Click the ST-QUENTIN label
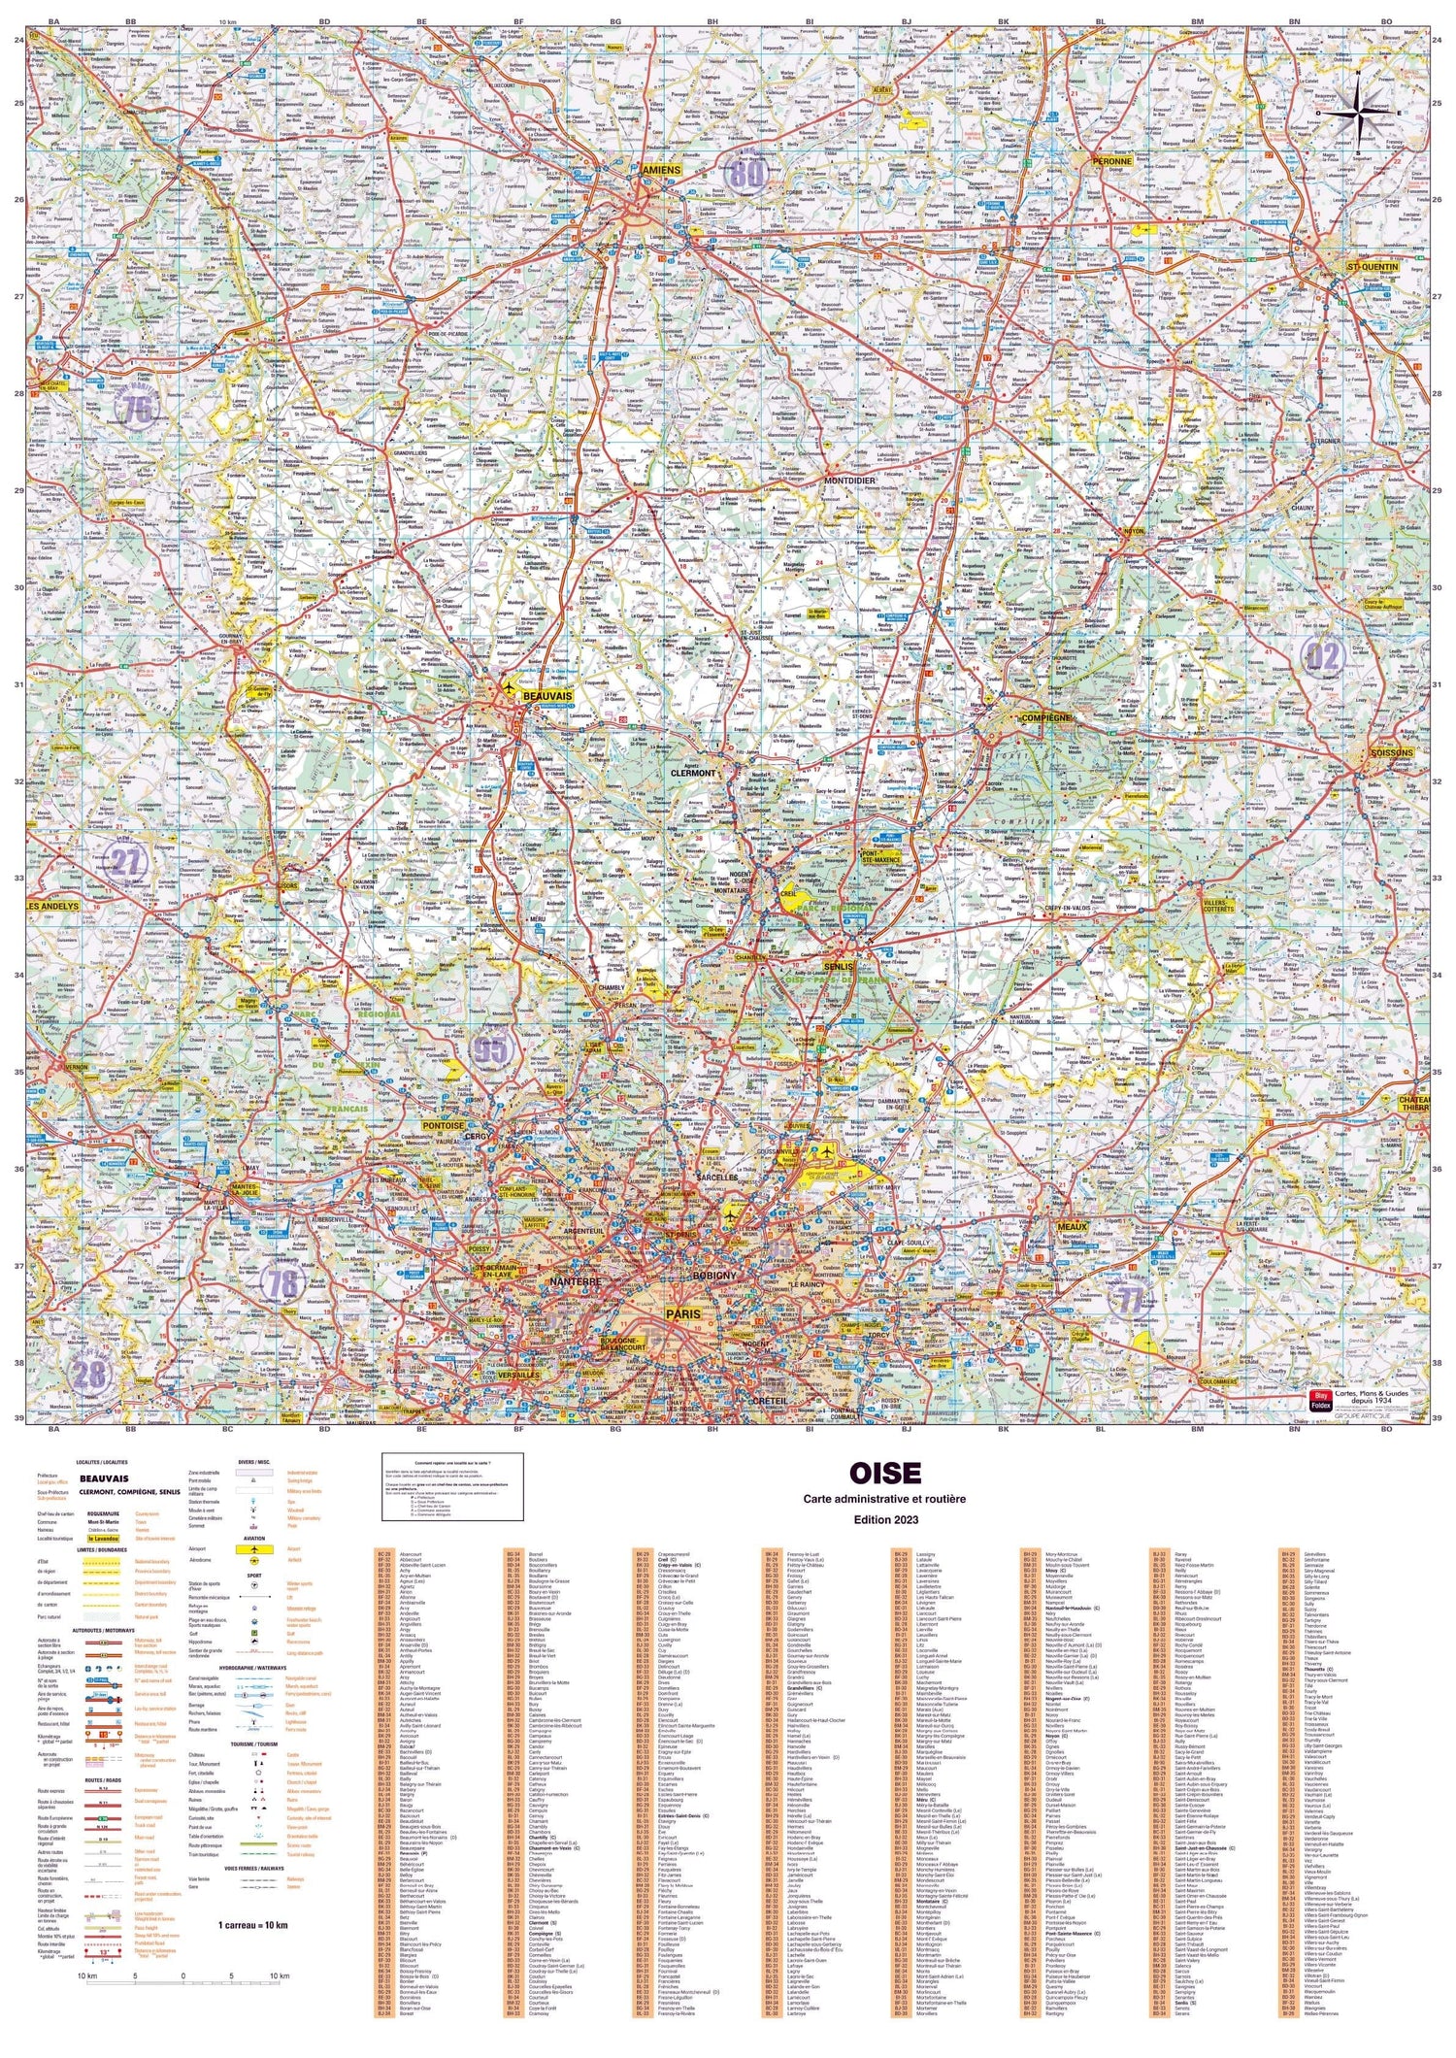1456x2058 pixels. [x=1371, y=266]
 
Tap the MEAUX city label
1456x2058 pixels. [x=1071, y=1227]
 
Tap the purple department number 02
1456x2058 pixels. [x=1321, y=657]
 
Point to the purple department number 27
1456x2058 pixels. [x=129, y=860]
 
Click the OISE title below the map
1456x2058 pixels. [x=884, y=1473]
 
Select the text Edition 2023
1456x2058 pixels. [x=884, y=1519]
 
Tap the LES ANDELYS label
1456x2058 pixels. [x=53, y=906]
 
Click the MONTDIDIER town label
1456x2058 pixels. [x=849, y=481]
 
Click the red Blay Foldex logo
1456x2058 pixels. [x=1321, y=1401]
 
